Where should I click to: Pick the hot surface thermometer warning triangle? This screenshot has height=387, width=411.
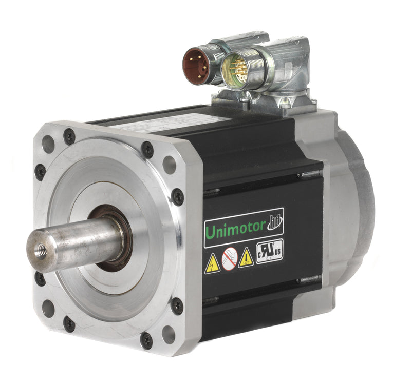pos(246,257)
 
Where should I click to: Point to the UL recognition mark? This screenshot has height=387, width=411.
pos(269,251)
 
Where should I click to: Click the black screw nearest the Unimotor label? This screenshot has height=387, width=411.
pos(178,196)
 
